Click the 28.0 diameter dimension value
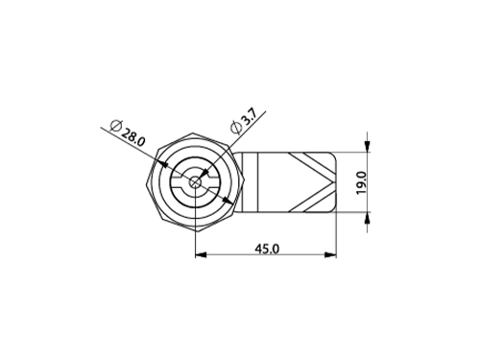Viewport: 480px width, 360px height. (133, 137)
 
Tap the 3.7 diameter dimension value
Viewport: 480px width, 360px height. (248, 117)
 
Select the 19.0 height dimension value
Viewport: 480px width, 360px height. (361, 182)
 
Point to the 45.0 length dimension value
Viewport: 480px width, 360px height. (267, 249)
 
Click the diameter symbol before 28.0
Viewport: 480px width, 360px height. (116, 125)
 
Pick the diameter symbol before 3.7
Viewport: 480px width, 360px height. (235, 128)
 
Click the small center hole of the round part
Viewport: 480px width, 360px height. (195, 182)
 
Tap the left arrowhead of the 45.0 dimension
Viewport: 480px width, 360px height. (201, 254)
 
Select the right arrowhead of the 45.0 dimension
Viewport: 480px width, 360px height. (331, 254)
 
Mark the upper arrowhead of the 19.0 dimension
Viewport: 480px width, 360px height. (367, 146)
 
